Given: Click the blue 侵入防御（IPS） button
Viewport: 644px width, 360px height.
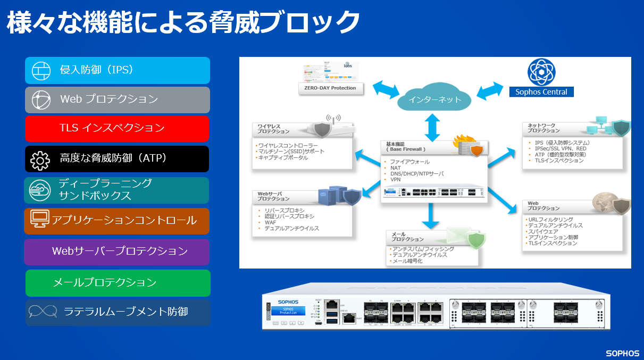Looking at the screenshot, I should tap(117, 70).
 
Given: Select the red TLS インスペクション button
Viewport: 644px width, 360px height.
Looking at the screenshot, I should tap(117, 128).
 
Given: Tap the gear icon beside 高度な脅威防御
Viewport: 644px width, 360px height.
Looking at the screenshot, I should tap(40, 159).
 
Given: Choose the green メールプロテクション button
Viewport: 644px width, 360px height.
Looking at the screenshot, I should tap(118, 283).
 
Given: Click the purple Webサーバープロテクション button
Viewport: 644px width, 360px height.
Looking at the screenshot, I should tap(116, 252).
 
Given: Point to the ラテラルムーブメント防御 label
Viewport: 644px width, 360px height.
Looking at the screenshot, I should tap(126, 312).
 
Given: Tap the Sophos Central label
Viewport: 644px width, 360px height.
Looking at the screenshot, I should tap(541, 92).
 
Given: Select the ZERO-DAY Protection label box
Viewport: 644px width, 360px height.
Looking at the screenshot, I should tap(330, 88).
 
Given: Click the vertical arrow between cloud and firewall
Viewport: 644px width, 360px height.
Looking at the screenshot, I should tap(431, 128).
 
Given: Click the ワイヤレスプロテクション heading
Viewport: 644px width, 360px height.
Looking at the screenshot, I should tap(274, 129).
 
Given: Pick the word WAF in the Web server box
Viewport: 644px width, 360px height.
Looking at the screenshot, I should tap(270, 222).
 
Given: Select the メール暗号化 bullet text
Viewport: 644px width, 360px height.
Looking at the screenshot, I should tap(407, 261).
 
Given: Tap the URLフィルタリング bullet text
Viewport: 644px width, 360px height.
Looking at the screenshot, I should tap(550, 220).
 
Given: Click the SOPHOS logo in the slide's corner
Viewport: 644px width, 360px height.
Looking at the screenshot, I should tap(622, 353).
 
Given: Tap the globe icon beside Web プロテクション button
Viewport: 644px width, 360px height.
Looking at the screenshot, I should tap(40, 99).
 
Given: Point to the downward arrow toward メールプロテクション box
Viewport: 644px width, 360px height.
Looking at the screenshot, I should tap(432, 215).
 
